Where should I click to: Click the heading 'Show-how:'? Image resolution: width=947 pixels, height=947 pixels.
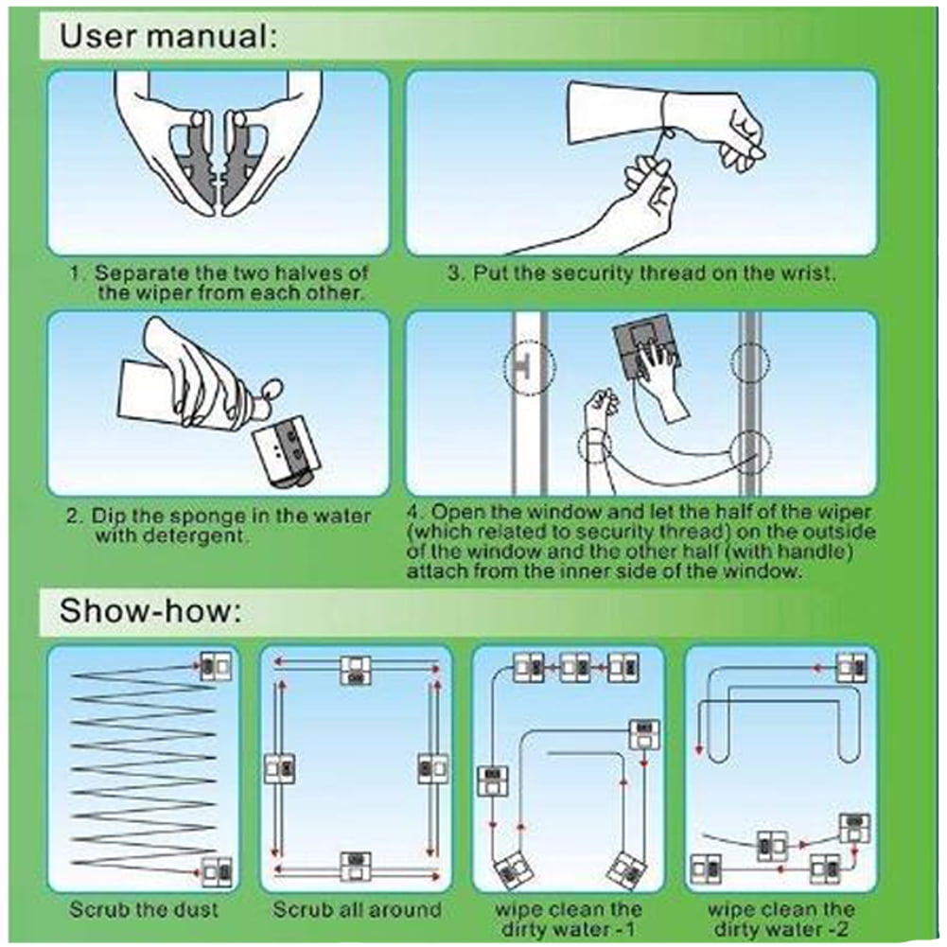(150, 610)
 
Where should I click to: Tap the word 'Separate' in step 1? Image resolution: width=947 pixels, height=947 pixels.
(141, 273)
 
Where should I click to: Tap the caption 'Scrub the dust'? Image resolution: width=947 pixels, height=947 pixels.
(143, 909)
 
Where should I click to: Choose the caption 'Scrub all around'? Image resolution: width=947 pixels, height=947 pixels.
(357, 909)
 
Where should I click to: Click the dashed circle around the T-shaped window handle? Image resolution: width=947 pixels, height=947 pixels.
(530, 367)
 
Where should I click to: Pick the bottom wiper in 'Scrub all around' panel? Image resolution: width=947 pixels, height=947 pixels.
(356, 867)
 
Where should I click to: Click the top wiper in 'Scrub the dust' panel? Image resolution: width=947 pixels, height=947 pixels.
(216, 667)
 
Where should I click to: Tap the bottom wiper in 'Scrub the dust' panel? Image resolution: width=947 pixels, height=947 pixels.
(217, 871)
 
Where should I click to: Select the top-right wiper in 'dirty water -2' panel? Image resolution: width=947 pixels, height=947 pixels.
(852, 667)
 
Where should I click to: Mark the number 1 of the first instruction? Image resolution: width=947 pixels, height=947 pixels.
(75, 273)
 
